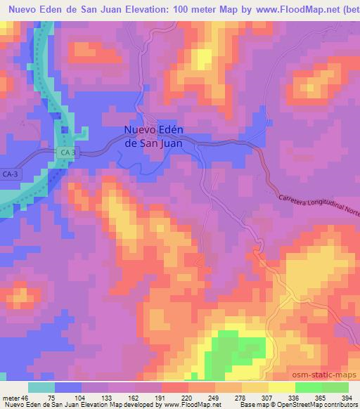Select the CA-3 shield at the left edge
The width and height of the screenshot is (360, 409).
[x=10, y=174]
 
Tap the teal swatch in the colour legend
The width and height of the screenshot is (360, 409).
[x=41, y=387]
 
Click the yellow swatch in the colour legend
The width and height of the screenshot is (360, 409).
[x=281, y=387]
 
